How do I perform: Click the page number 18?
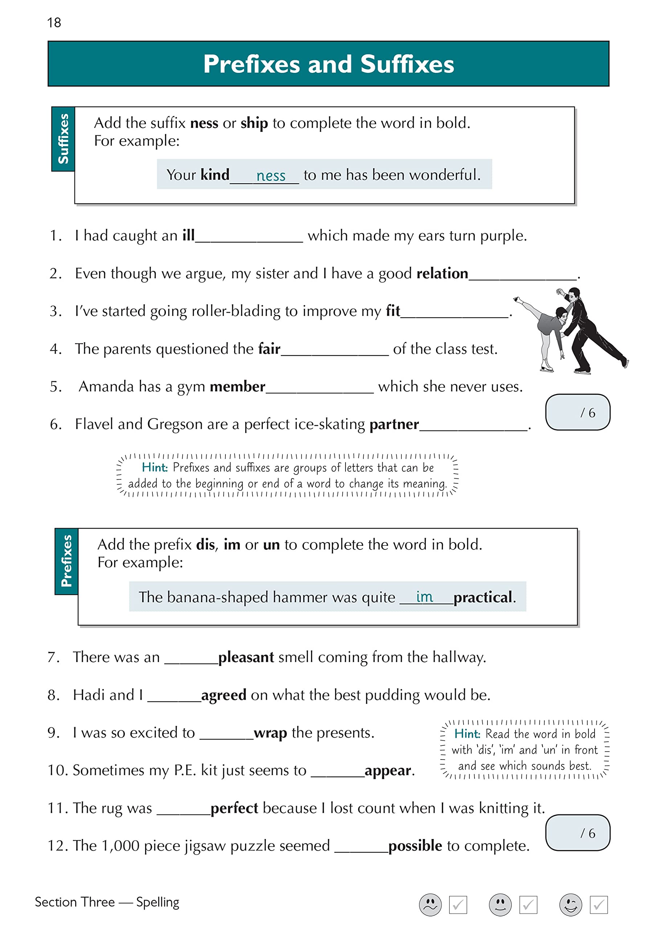pos(54,22)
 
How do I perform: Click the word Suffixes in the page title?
pos(407,64)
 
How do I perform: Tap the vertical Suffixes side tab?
pos(63,139)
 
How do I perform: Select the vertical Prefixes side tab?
pos(66,561)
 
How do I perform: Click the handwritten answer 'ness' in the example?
pos(271,176)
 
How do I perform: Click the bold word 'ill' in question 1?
pos(188,235)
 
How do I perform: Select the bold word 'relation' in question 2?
pos(442,274)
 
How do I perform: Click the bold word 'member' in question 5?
pos(237,386)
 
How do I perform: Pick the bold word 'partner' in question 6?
pos(394,424)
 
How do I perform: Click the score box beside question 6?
pos(577,412)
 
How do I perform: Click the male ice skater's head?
pos(574,295)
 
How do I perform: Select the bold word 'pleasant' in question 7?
pos(246,657)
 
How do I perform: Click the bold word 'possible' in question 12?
pos(415,845)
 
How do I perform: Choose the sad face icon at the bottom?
pos(430,904)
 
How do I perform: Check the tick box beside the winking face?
pos(598,905)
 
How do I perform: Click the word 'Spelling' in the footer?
pos(158,902)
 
